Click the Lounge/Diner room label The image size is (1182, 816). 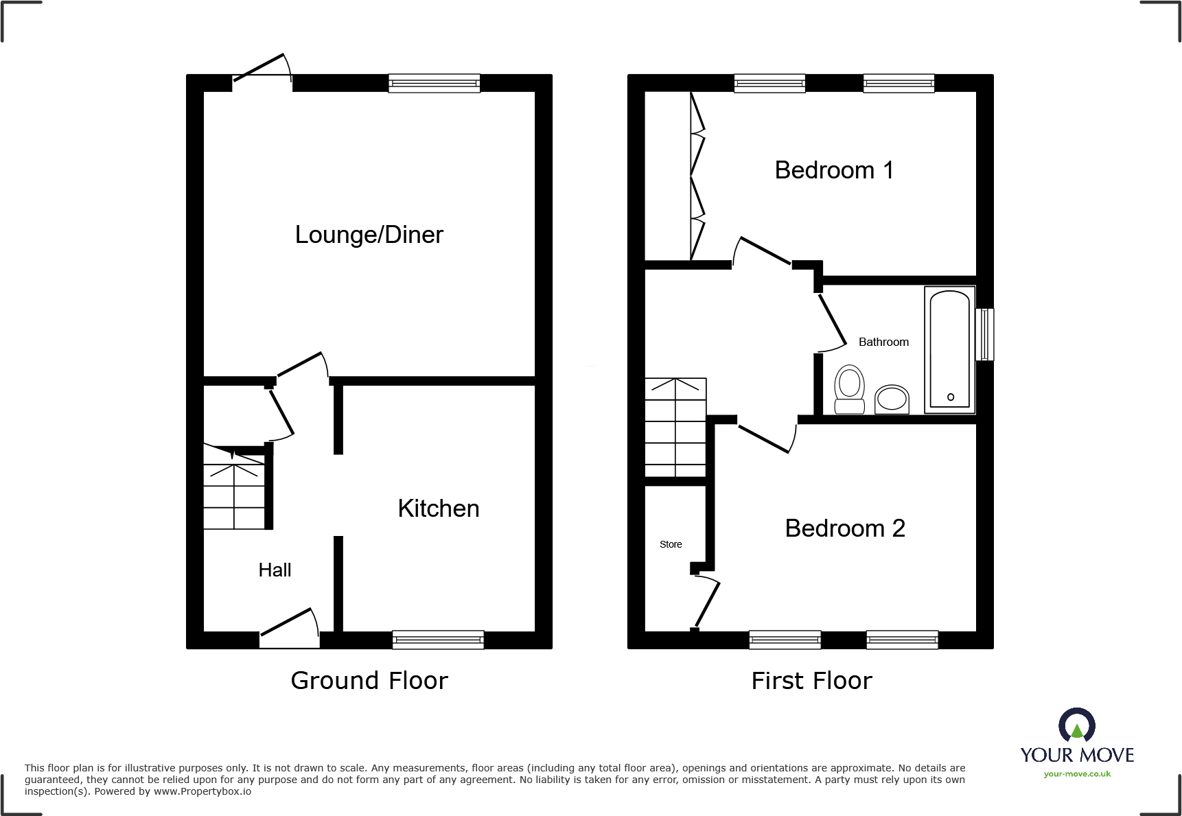click(369, 235)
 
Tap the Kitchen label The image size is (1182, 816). click(438, 509)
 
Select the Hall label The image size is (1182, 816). click(275, 570)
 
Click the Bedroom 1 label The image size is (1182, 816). click(833, 170)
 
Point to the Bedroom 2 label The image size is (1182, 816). click(844, 528)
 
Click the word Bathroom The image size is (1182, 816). click(883, 342)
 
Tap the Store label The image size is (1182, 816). click(671, 544)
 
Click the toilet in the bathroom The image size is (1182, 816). click(849, 388)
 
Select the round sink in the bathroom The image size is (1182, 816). click(892, 399)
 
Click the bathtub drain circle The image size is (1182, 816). click(950, 397)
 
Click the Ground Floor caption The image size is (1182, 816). click(369, 681)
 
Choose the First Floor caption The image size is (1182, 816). click(811, 681)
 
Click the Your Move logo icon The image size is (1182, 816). click(1076, 725)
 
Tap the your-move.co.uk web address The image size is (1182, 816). click(1076, 774)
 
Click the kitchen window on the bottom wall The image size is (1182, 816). click(438, 640)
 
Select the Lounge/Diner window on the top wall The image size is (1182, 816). click(434, 83)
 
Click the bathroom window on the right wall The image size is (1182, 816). click(984, 334)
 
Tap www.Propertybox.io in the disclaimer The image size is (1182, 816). click(202, 791)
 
